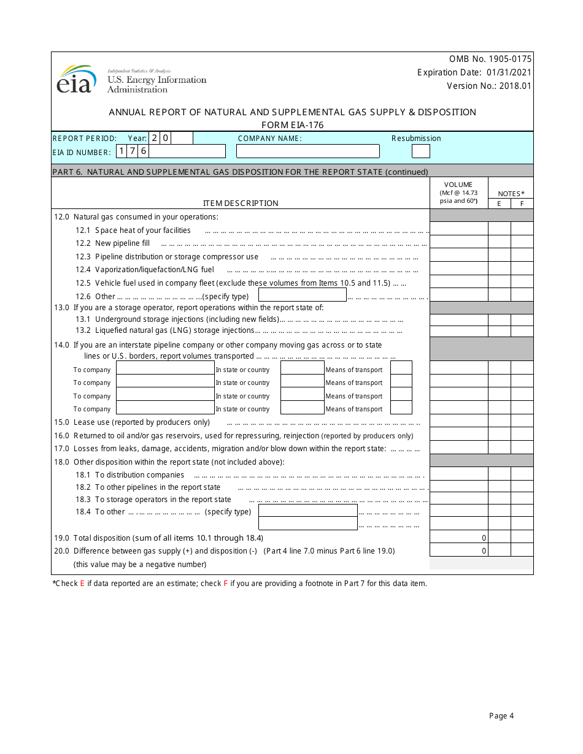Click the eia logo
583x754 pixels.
point(77,80)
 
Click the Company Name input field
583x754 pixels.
point(307,151)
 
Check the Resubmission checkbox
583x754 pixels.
point(420,151)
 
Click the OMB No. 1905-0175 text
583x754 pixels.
point(490,59)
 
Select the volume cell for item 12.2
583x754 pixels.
point(458,242)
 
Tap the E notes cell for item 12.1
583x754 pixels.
point(499,228)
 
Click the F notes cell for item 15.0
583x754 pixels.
point(522,421)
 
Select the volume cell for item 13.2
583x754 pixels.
point(458,331)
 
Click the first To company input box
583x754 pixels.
point(165,368)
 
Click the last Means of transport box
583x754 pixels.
point(401,408)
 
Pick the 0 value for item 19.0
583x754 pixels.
point(484,538)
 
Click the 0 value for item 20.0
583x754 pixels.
point(484,550)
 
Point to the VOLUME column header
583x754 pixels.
point(458,185)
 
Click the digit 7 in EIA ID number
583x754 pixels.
point(133,151)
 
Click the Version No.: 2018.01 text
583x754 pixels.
point(488,86)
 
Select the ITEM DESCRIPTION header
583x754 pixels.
point(241,203)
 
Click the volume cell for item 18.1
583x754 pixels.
point(458,473)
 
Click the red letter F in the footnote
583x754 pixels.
point(225,584)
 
